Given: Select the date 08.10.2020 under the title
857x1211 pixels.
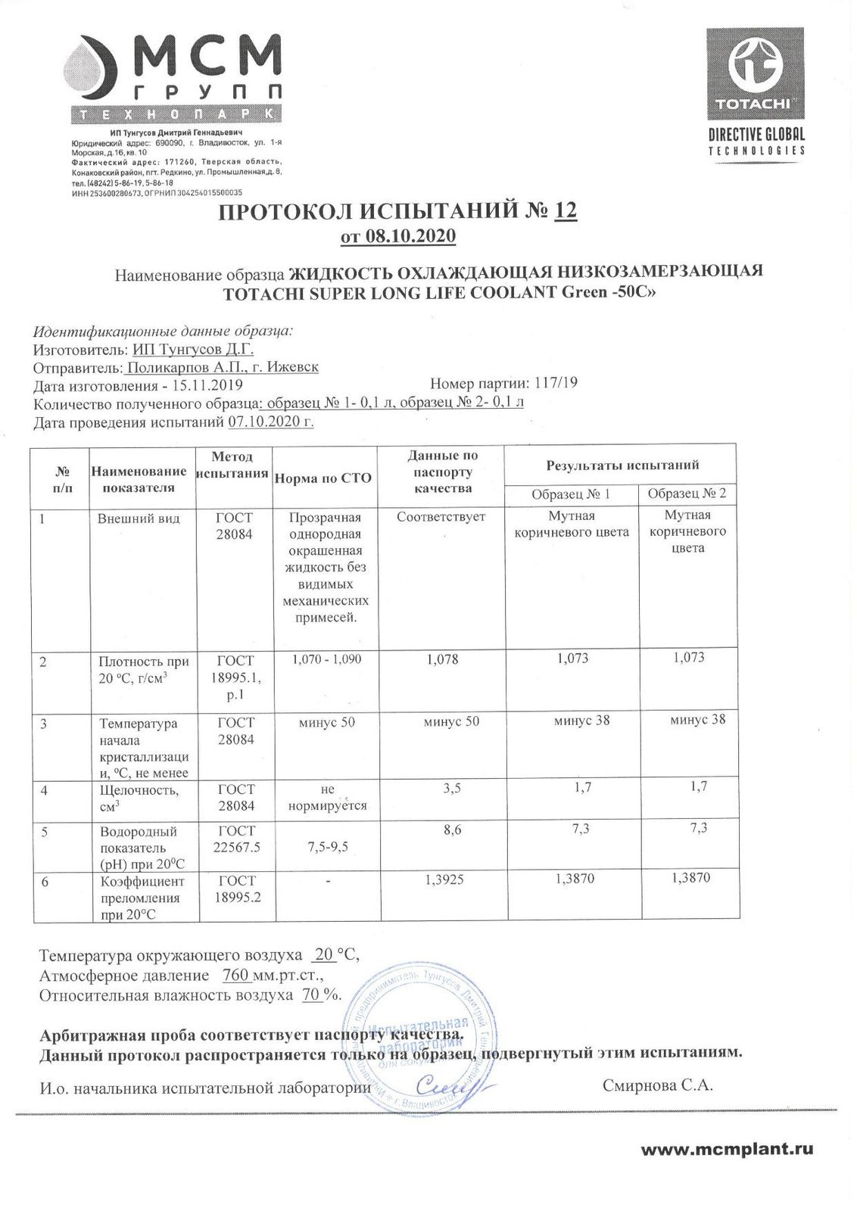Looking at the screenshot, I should [410, 236].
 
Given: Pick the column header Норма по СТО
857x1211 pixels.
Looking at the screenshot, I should [323, 478].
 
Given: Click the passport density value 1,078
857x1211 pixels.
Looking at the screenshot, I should [443, 660].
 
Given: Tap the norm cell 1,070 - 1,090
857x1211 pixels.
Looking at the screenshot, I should [327, 659].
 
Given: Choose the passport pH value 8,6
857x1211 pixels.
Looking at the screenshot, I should [452, 830].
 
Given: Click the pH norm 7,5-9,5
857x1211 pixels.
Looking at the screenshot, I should [328, 846].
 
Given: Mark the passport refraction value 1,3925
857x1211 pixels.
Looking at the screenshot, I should [446, 879].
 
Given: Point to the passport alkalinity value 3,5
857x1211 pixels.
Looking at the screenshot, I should [452, 789].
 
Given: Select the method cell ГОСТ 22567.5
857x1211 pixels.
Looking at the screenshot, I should [236, 839].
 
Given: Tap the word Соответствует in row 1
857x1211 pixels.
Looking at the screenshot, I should [441, 517].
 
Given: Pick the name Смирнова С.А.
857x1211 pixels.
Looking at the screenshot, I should [657, 1085].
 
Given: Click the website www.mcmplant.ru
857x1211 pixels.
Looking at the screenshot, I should [727, 1150].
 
